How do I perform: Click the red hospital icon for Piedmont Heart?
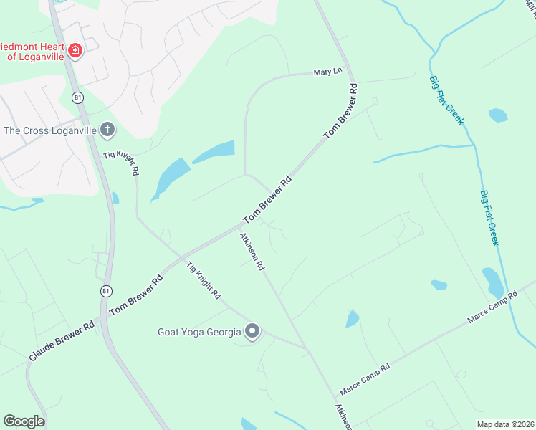click(x=75, y=50)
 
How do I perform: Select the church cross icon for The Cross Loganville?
click(x=107, y=130)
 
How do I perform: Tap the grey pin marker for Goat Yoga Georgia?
click(x=252, y=331)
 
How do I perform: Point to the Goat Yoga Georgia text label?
click(x=198, y=332)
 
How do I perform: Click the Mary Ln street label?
click(x=328, y=72)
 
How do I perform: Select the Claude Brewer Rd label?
click(x=62, y=340)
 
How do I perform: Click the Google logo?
click(x=24, y=421)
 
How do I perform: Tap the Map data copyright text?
click(x=504, y=424)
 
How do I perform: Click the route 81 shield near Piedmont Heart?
click(x=78, y=97)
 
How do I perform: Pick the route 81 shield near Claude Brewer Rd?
click(x=105, y=291)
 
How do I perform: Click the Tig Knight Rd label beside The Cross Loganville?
click(x=121, y=163)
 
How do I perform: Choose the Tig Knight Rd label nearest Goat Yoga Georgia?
click(x=204, y=280)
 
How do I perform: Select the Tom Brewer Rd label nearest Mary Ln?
click(x=340, y=111)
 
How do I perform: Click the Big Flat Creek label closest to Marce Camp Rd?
click(x=489, y=217)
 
